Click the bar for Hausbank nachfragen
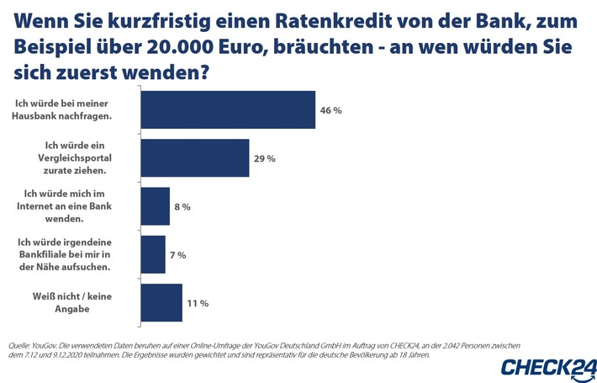[x=227, y=110]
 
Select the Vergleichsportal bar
[x=194, y=158]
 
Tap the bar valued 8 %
[x=155, y=206]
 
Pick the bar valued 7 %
[x=152, y=254]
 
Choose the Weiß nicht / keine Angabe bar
[x=161, y=302]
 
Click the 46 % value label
[x=331, y=110]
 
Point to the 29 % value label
[x=265, y=158]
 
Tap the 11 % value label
[x=198, y=302]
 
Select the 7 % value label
[x=177, y=254]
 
